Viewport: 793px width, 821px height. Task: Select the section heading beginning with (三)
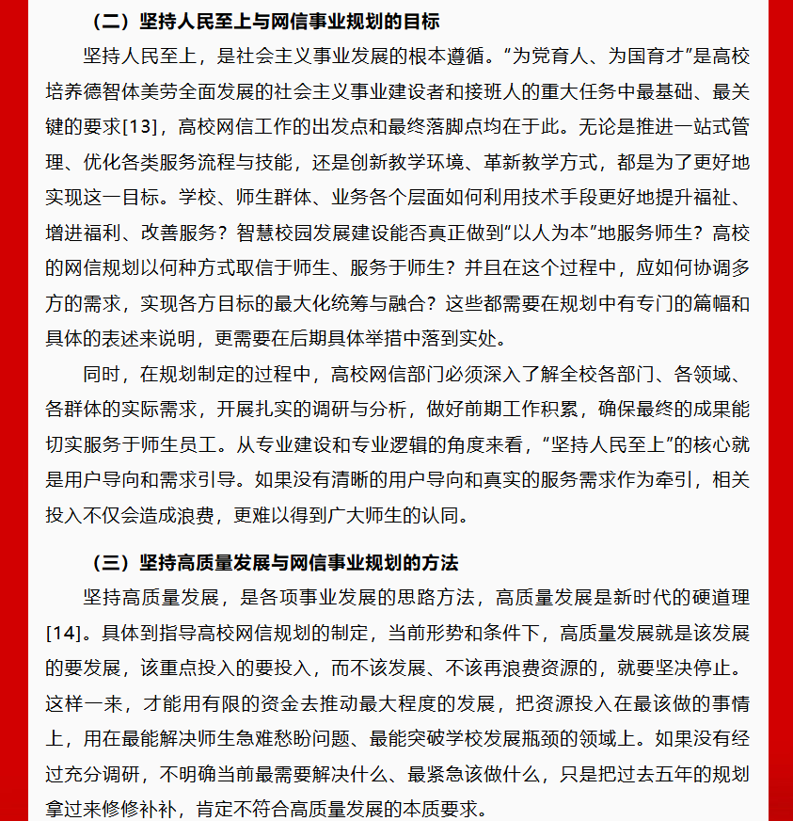[x=274, y=563]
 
